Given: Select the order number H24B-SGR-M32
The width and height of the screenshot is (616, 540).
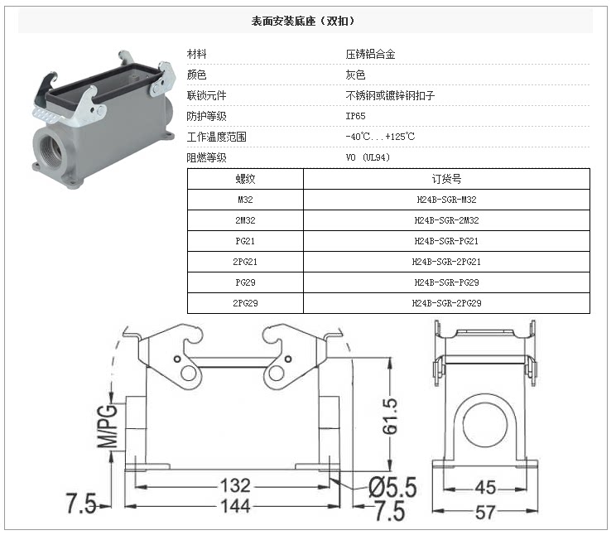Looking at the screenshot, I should [446, 200].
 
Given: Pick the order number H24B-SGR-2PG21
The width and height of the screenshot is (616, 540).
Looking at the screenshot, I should [446, 262].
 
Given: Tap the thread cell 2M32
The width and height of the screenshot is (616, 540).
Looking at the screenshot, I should [246, 220].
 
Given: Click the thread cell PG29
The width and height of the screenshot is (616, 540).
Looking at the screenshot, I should [246, 282].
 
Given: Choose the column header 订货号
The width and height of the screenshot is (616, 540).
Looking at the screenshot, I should [446, 179].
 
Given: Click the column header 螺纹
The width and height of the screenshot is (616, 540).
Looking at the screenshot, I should [246, 179].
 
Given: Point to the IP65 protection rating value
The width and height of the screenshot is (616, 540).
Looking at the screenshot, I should [355, 116].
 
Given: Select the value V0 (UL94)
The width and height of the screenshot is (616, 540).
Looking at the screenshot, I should [368, 157].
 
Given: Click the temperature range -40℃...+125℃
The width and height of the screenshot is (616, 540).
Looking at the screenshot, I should [380, 137].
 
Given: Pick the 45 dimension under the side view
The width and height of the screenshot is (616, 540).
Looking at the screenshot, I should [485, 488].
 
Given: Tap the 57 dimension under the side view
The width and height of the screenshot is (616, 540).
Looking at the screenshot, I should [485, 513].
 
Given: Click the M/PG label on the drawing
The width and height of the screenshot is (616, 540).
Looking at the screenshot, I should [107, 423].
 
